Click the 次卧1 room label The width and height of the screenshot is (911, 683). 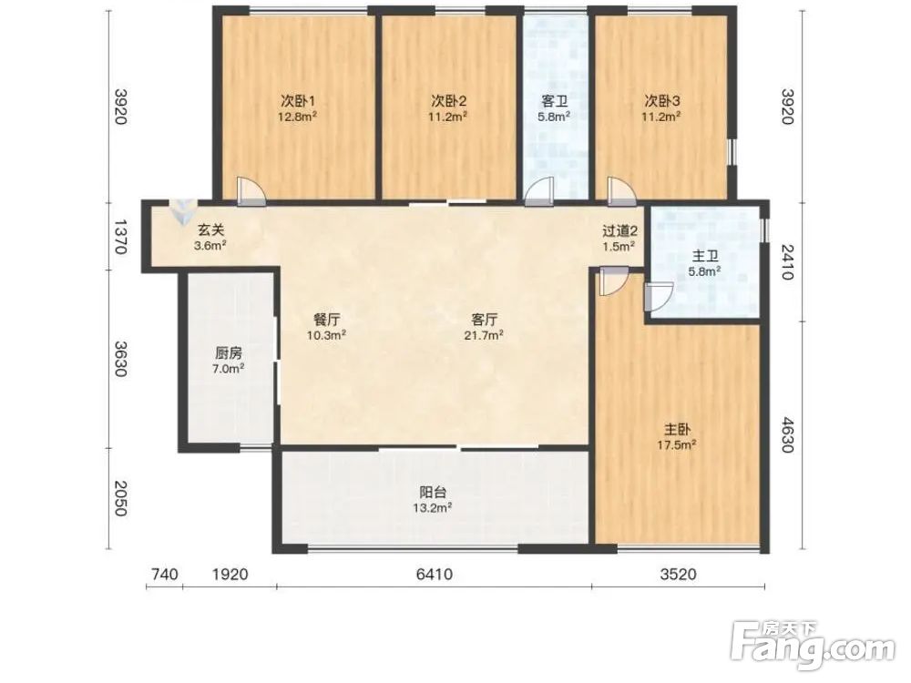pos(298,101)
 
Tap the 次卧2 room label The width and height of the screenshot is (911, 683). pos(448,101)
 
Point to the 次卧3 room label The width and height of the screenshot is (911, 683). pos(661,101)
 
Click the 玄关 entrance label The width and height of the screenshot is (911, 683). pos(210,230)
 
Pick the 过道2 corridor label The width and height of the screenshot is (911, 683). pos(619,230)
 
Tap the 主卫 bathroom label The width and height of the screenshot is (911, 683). pos(705,256)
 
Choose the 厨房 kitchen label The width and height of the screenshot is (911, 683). pos(229,353)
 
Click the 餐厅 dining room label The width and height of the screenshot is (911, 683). pos(326,320)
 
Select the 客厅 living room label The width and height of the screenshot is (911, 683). pos(484,320)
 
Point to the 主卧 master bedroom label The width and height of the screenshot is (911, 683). pos(678,430)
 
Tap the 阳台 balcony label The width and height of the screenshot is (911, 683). pos(433,493)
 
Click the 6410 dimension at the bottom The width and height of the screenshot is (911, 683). pos(435,575)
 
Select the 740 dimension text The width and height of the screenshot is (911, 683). pos(164,575)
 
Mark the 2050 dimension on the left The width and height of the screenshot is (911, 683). pos(119,498)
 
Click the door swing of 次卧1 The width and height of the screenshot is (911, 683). pos(251,190)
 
